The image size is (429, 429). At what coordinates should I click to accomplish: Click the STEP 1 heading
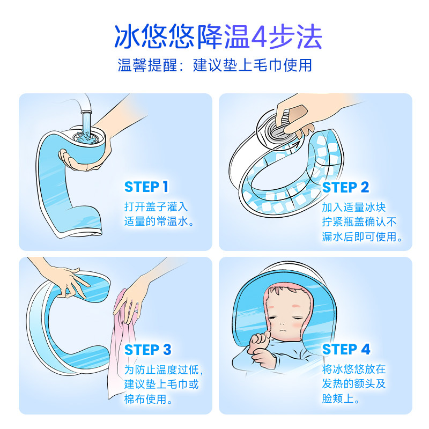pos(146,187)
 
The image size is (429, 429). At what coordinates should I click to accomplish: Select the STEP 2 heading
pos(346,187)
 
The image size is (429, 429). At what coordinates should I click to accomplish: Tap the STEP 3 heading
pos(147,350)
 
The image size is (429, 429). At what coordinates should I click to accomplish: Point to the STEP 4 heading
pos(346,350)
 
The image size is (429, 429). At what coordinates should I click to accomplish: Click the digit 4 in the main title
pos(260,38)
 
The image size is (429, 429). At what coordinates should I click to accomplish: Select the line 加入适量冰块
pos(353,206)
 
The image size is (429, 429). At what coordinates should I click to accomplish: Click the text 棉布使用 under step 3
pos(143,399)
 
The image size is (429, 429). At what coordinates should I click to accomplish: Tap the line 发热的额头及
pos(353,384)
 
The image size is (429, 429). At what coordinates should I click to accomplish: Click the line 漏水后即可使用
pos(362,236)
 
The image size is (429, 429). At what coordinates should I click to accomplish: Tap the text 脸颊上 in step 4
pos(341,399)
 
